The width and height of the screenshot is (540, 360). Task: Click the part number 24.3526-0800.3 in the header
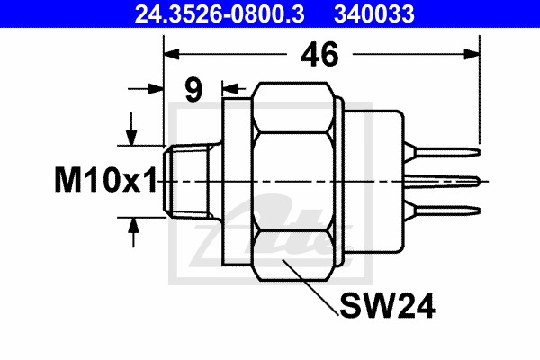(220, 13)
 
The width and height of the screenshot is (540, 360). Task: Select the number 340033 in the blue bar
(374, 13)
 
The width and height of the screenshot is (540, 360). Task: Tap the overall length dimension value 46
(319, 54)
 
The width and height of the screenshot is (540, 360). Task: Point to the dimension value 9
(193, 90)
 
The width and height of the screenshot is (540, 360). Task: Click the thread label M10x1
(105, 180)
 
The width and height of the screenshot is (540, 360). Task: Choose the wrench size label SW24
(387, 306)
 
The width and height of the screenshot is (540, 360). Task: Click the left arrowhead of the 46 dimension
(171, 54)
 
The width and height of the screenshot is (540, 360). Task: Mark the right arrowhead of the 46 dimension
(472, 54)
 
